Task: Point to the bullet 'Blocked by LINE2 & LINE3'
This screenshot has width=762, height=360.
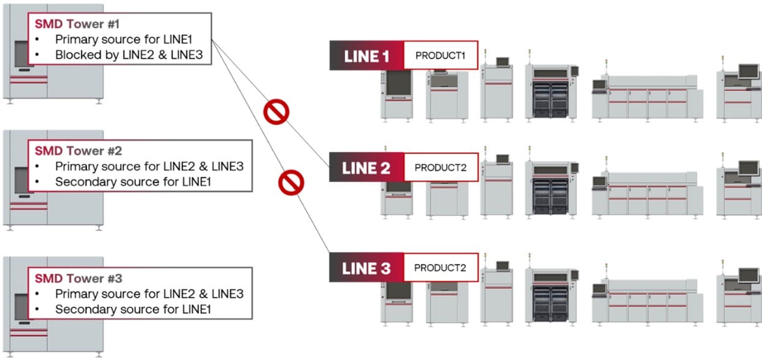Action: [x=132, y=55]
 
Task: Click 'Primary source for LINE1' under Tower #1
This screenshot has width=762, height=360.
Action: [x=132, y=39]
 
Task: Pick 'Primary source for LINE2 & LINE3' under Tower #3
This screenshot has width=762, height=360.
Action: [x=149, y=294]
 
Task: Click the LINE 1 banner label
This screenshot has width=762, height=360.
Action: [x=367, y=56]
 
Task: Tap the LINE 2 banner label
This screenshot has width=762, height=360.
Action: [x=367, y=168]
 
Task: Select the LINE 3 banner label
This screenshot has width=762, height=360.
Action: [x=367, y=268]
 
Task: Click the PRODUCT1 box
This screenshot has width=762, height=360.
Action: [x=441, y=56]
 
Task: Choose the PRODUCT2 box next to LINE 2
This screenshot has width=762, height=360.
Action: [x=440, y=167]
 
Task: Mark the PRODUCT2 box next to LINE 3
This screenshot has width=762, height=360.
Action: [x=440, y=268]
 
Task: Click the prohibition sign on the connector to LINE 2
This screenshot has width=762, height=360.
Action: [x=276, y=112]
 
